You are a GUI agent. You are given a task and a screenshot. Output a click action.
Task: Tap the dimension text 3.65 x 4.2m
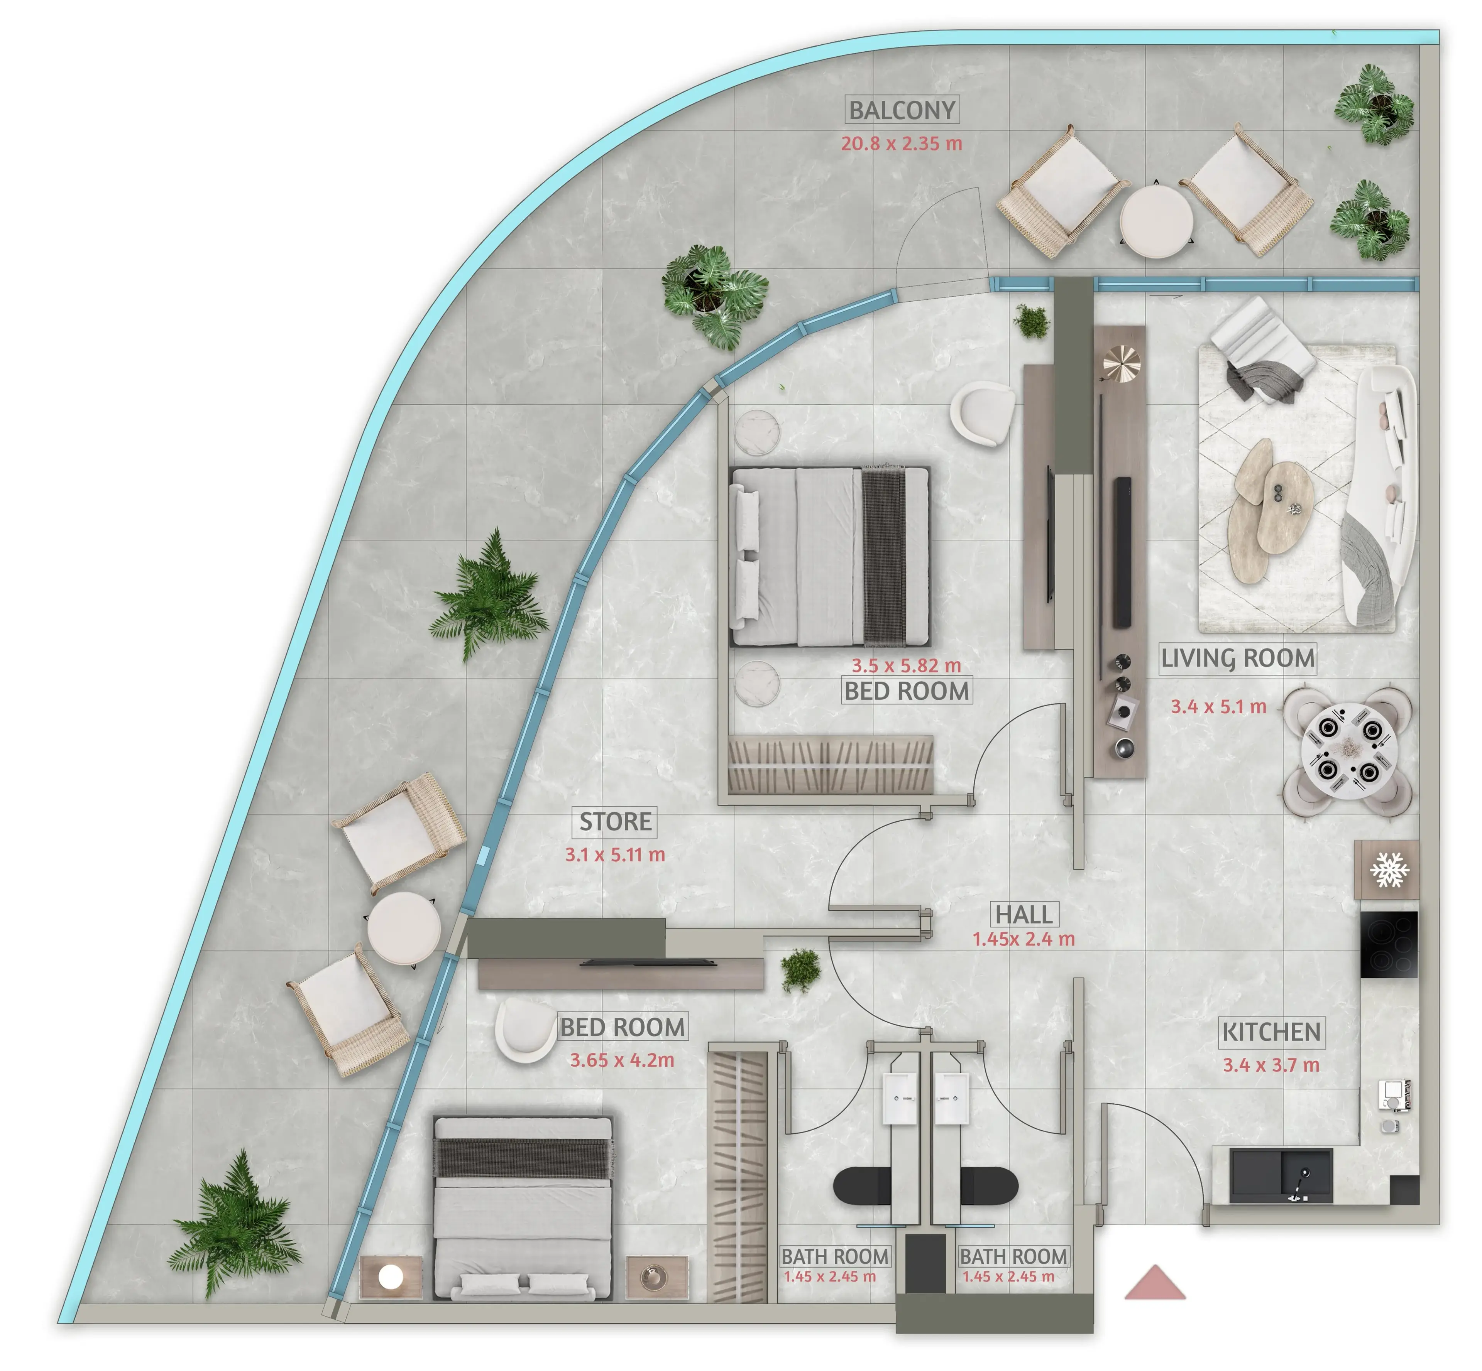(x=622, y=1060)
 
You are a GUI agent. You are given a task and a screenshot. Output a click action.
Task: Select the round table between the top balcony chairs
(x=1156, y=221)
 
